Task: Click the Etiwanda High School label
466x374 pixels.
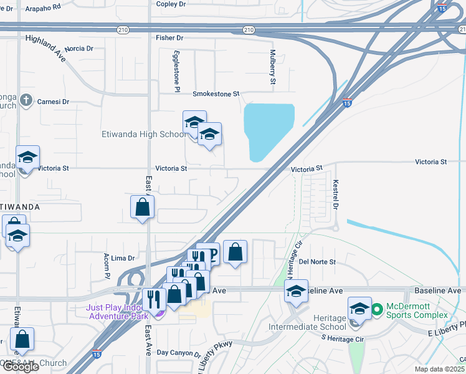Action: [x=143, y=134]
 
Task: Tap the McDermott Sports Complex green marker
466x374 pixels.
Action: [x=376, y=309]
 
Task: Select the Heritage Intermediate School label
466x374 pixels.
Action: [x=307, y=322]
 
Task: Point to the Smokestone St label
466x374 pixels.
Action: [x=216, y=94]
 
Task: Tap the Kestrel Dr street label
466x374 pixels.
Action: [x=335, y=195]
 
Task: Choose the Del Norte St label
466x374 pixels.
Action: [x=317, y=262]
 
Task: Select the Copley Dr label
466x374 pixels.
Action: [x=171, y=4]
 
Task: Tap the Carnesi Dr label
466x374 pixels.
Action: [x=53, y=101]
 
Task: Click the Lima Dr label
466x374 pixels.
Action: [x=123, y=258]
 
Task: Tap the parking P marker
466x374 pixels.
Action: [x=211, y=253]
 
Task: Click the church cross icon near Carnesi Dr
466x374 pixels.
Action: [x=26, y=100]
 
